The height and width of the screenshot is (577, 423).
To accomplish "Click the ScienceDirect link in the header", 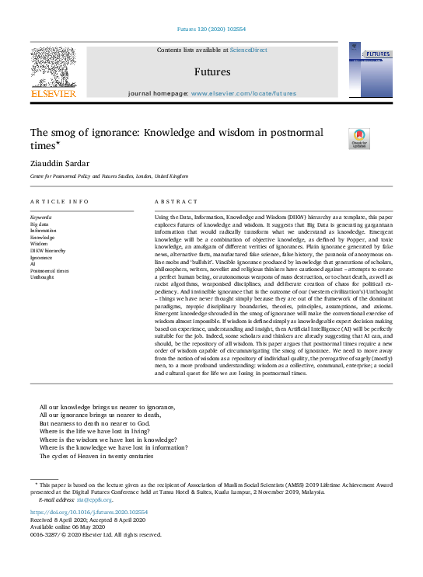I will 249,50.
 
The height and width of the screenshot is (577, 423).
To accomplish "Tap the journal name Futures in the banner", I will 211,71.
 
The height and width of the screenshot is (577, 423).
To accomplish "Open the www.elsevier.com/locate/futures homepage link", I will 243,93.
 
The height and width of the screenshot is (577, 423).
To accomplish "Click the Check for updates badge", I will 359,138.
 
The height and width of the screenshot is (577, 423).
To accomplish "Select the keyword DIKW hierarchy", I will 47,252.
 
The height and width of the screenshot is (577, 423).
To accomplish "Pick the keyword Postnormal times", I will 50,271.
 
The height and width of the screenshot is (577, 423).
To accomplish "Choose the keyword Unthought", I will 42,277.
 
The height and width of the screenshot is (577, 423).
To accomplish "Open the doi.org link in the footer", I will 89,512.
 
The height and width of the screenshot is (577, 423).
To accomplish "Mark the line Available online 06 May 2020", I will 68,526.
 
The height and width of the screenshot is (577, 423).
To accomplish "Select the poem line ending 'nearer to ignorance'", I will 107,407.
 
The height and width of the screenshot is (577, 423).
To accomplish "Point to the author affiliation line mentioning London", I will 109,176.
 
